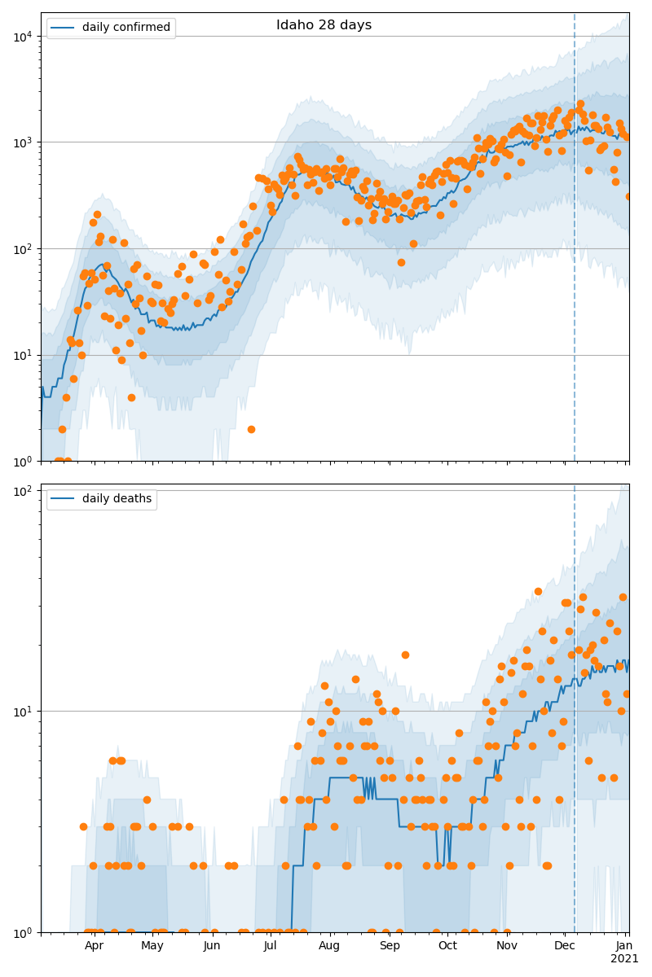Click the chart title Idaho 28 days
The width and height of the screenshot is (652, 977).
[324, 25]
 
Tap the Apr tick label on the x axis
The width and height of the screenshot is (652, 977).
[94, 945]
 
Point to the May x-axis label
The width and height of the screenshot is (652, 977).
[152, 945]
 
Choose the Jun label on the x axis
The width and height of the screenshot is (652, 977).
[212, 945]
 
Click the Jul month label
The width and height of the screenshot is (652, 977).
[270, 945]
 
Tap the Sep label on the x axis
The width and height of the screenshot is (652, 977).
[390, 945]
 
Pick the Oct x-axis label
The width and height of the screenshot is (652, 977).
[447, 945]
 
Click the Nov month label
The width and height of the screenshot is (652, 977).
[507, 945]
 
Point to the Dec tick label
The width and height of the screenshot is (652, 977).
[565, 945]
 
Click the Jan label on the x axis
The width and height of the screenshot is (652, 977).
[624, 945]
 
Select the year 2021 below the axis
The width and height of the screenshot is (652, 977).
[624, 958]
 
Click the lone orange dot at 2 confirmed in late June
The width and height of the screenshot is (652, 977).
[251, 429]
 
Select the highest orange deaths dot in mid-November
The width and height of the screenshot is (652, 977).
[538, 592]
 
